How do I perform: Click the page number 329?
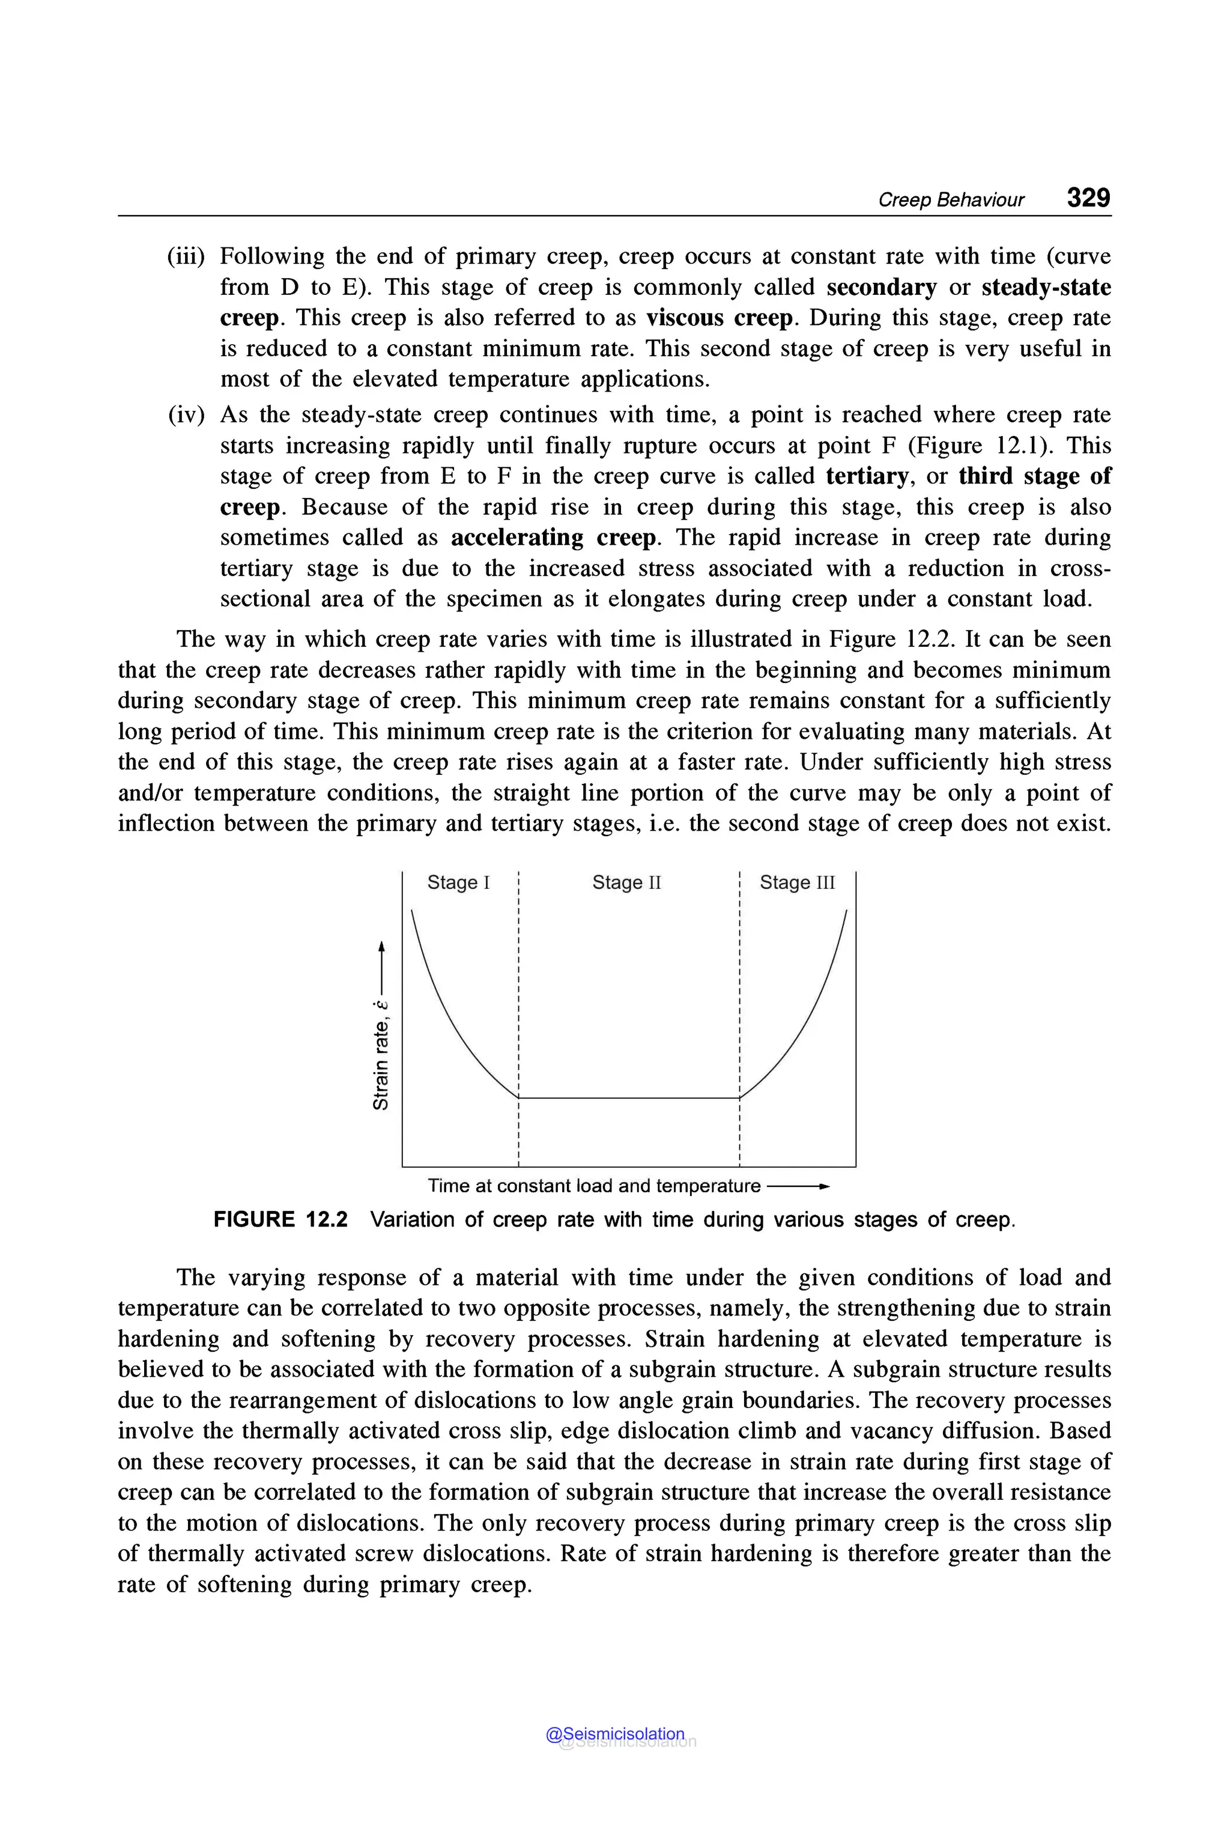[1088, 198]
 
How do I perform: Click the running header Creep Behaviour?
[951, 200]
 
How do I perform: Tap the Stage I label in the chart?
[458, 882]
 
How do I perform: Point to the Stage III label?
[797, 882]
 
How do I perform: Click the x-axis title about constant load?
[594, 1186]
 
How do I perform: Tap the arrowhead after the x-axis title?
[823, 1186]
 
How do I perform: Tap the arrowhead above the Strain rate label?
[381, 946]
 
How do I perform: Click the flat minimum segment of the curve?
[628, 1097]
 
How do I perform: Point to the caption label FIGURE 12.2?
[280, 1220]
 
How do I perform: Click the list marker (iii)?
[186, 256]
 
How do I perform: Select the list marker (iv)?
[187, 415]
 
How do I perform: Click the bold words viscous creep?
[720, 318]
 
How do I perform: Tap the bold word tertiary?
[867, 476]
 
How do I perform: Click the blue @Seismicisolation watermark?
[615, 1735]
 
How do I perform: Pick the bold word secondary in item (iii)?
[881, 287]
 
